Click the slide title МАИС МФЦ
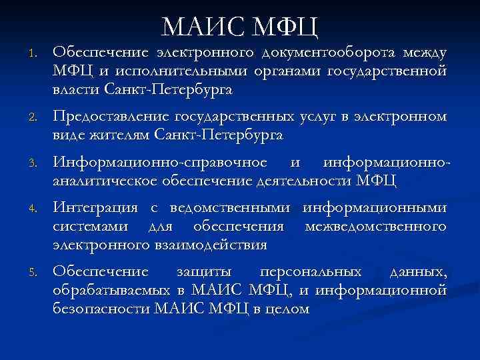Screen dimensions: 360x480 240,26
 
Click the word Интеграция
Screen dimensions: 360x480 93,209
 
